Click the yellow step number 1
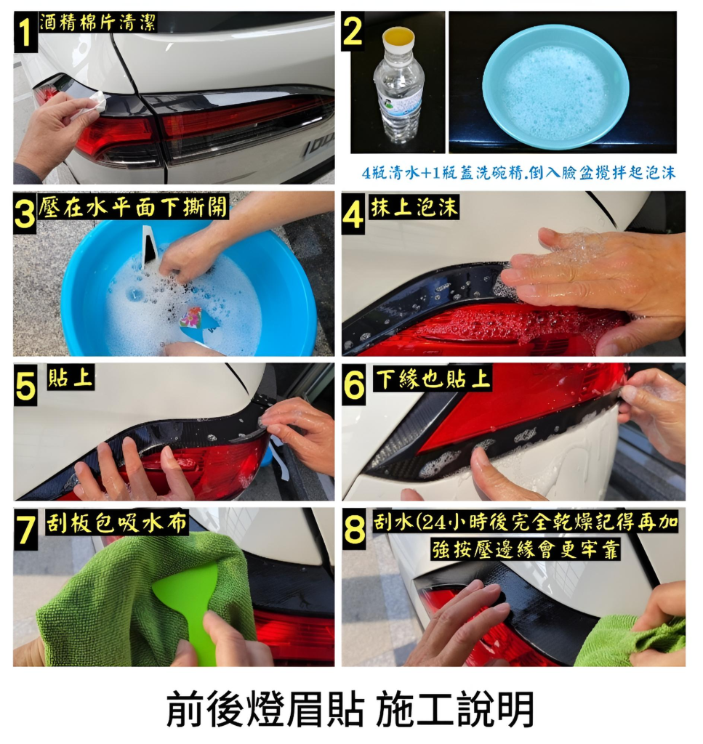pos(25,32)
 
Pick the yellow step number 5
pos(25,385)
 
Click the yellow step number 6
pos(354,385)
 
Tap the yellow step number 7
pos(25,530)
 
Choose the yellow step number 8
pos(354,530)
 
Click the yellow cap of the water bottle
pos(398,37)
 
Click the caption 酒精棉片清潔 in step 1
pos(97,22)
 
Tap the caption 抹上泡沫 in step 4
pos(414,207)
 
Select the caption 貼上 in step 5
pos(71,378)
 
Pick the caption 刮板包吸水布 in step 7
pos(117,522)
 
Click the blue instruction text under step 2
pos(518,172)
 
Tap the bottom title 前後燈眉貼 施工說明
pos(351,708)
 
